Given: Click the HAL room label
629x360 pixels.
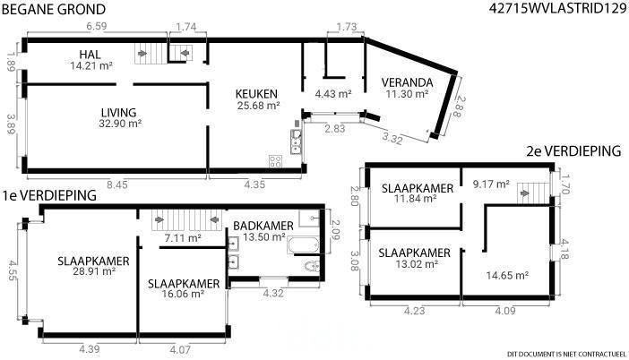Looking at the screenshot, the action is tap(90, 54).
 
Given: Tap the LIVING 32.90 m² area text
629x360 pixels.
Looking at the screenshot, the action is tap(120, 124).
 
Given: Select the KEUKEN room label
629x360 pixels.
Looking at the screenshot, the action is tap(256, 94).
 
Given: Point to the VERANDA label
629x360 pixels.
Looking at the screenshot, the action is tap(407, 82).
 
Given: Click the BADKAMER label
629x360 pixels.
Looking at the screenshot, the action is tap(263, 226).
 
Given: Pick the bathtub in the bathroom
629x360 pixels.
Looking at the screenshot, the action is tap(303, 245).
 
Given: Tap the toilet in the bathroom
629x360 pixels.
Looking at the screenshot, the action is tap(312, 266).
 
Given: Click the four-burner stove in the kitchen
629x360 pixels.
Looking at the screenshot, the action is tap(275, 161).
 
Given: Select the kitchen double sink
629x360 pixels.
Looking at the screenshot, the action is tap(296, 141).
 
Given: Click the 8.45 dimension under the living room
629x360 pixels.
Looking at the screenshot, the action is tap(117, 184).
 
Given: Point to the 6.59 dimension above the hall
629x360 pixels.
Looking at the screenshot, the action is tap(97, 26).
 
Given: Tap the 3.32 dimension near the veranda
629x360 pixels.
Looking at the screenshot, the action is tap(392, 138).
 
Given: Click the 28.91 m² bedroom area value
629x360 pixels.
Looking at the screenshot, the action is tap(94, 271).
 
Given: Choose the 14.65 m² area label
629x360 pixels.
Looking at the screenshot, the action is tap(507, 276).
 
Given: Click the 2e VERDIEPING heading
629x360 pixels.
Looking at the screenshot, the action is tap(573, 151).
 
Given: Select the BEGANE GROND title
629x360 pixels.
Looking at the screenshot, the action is tap(54, 9).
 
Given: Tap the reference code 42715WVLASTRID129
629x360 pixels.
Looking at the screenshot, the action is tap(557, 8).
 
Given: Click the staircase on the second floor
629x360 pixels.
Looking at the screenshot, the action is tap(533, 193).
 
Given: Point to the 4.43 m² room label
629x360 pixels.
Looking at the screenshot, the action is tap(333, 94).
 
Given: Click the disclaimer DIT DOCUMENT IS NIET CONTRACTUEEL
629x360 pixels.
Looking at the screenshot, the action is tap(566, 354).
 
